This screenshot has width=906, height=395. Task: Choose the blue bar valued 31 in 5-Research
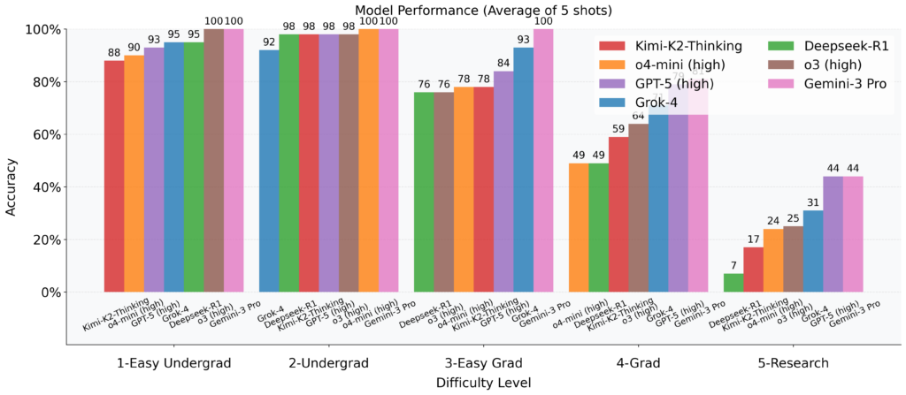[x=813, y=251]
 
